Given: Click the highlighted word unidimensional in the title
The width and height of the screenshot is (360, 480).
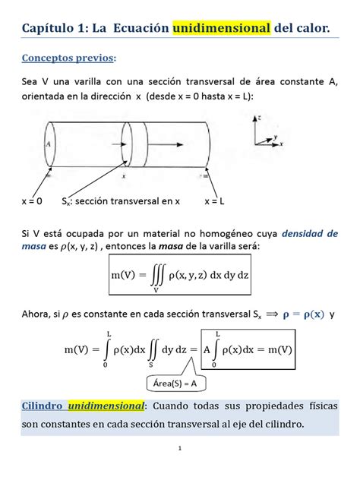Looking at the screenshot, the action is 222,29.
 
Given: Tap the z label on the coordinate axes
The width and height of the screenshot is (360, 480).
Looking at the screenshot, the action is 261,118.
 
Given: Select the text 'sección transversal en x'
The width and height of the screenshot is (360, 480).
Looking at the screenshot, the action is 129,201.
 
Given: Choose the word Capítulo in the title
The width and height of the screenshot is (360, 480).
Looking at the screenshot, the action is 45,29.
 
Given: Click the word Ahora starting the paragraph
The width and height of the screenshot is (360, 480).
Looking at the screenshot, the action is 37,314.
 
